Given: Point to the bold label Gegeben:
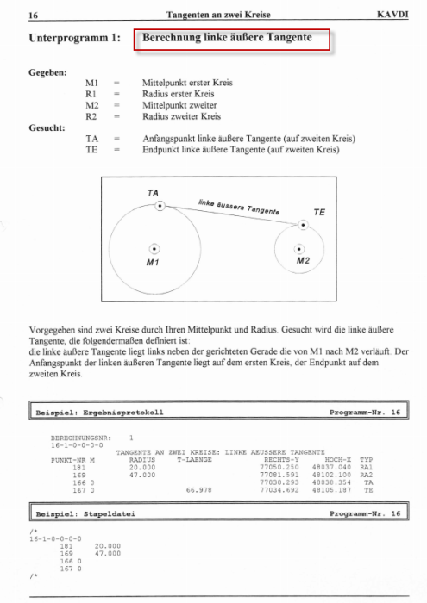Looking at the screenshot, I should point(47,74).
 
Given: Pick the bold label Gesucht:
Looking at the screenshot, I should point(47,127).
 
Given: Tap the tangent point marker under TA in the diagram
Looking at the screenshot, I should point(160,206).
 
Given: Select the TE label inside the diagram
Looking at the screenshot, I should point(318,210).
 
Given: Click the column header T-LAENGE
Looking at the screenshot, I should point(193,460).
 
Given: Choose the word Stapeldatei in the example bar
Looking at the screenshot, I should point(114,513).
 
